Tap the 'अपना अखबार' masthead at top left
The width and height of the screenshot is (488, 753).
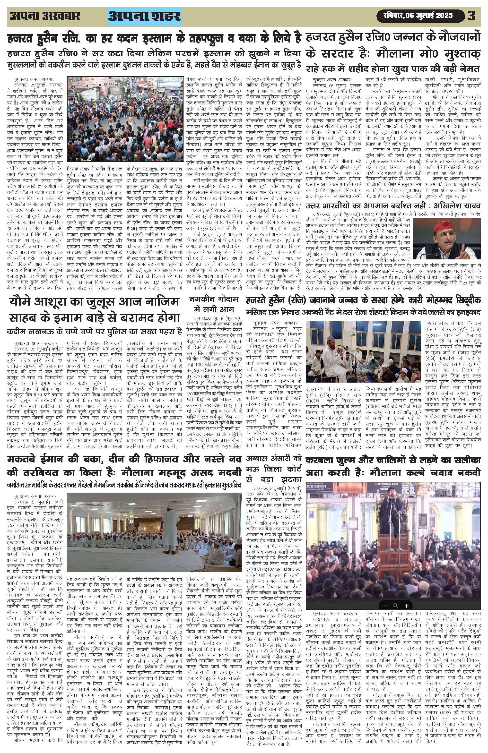pos(45,16)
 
